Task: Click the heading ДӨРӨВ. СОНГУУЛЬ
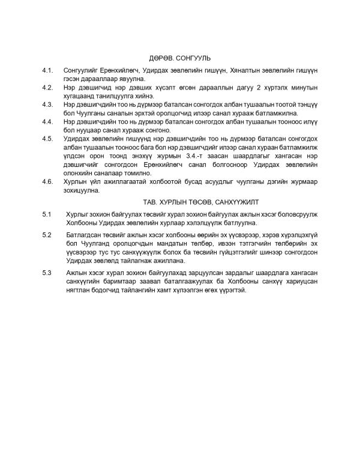point(180,58)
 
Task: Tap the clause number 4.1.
point(48,70)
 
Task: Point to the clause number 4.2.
point(48,87)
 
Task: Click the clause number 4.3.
point(48,104)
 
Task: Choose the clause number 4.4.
point(48,121)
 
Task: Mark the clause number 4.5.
point(48,139)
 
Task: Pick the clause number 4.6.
point(48,181)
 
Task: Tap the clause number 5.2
point(47,234)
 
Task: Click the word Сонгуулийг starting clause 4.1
point(82,70)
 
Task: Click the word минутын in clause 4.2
point(296,87)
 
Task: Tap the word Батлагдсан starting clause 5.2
point(84,234)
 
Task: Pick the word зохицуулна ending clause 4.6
point(83,190)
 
